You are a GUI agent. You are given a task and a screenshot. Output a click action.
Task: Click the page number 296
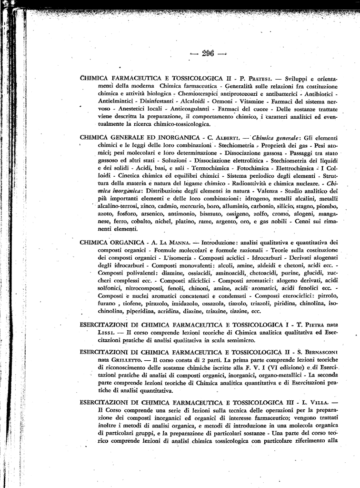209,53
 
